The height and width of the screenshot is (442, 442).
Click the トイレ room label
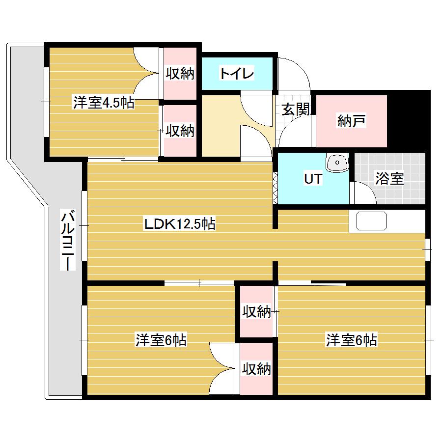236,74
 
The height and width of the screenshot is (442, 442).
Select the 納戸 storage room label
352,121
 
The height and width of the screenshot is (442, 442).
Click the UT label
313,179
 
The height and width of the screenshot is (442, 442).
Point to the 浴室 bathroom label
389,179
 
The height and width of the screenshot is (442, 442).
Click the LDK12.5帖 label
179,224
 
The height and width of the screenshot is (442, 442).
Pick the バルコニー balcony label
68,240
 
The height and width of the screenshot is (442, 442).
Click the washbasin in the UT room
337,162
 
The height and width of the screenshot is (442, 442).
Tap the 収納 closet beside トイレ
180,74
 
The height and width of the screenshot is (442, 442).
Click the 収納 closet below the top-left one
180,131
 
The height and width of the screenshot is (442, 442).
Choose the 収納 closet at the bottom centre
256,369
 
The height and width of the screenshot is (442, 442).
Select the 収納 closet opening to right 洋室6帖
256,311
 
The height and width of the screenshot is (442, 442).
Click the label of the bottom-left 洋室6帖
161,340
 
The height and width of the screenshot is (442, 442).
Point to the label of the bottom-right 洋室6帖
352,340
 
